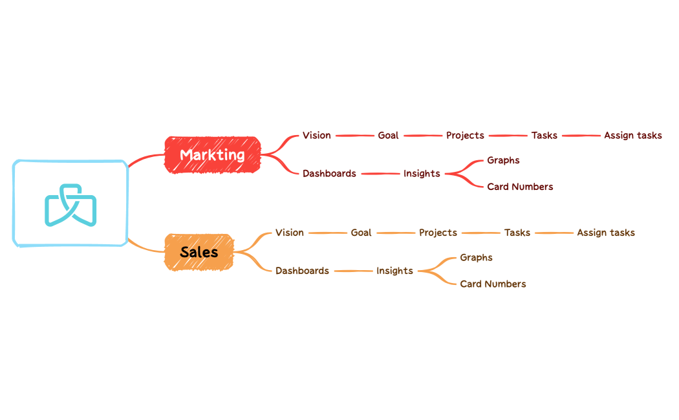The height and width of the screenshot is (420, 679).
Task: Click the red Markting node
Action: [212, 155]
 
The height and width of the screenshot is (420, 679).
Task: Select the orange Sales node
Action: [199, 252]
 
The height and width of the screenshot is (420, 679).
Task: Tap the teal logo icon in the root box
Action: [70, 205]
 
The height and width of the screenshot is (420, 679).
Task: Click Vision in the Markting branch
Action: [316, 136]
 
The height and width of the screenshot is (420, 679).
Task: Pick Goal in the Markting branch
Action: [388, 136]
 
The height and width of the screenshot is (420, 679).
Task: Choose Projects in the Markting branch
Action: [465, 136]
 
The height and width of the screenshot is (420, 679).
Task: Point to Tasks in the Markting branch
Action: [544, 136]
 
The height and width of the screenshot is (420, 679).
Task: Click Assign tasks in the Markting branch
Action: [632, 136]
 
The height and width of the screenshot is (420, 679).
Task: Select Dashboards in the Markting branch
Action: [329, 174]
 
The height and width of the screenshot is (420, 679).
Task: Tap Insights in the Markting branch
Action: [422, 174]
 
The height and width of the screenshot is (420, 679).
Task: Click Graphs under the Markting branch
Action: [503, 160]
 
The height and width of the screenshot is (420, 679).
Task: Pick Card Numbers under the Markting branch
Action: [520, 187]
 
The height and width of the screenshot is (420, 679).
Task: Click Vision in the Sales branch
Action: [289, 233]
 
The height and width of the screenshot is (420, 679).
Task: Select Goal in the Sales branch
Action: [361, 233]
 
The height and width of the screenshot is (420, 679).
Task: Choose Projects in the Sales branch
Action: [438, 233]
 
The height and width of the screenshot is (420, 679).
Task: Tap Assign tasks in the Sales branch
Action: [605, 233]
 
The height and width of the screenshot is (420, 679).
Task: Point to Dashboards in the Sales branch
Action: [302, 271]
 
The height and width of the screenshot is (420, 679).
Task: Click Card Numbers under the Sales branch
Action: [493, 284]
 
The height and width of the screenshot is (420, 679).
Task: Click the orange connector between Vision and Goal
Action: [327, 233]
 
